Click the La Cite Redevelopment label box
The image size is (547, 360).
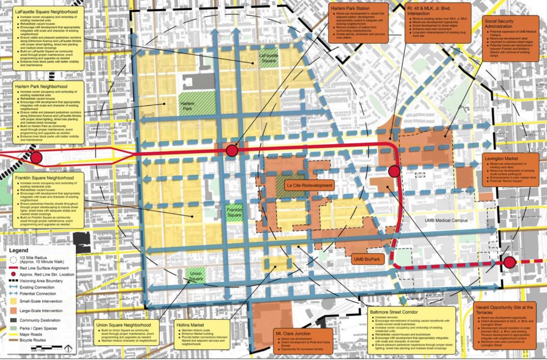click(x=309, y=185)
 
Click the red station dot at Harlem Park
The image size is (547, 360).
click(x=231, y=151)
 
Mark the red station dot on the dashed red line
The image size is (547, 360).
click(x=510, y=262)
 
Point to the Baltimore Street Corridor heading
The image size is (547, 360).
click(x=396, y=310)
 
